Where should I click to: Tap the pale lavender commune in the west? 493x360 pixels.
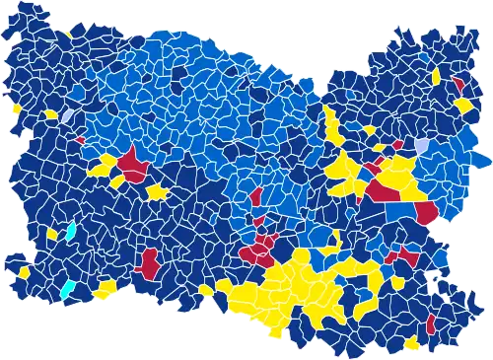point(67,116)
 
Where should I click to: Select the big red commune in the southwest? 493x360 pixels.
point(151,262)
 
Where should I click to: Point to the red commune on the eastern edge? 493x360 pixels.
point(427,212)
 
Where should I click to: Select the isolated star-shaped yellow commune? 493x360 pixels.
point(158,189)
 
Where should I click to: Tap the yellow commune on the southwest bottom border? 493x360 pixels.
point(106,288)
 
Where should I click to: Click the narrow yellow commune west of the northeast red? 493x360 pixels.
point(435,76)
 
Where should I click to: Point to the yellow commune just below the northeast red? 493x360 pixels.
point(463,103)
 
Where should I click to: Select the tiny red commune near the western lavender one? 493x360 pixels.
point(79,139)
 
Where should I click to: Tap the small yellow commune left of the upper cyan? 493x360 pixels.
point(52,235)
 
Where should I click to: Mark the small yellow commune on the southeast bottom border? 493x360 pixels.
point(411,344)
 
